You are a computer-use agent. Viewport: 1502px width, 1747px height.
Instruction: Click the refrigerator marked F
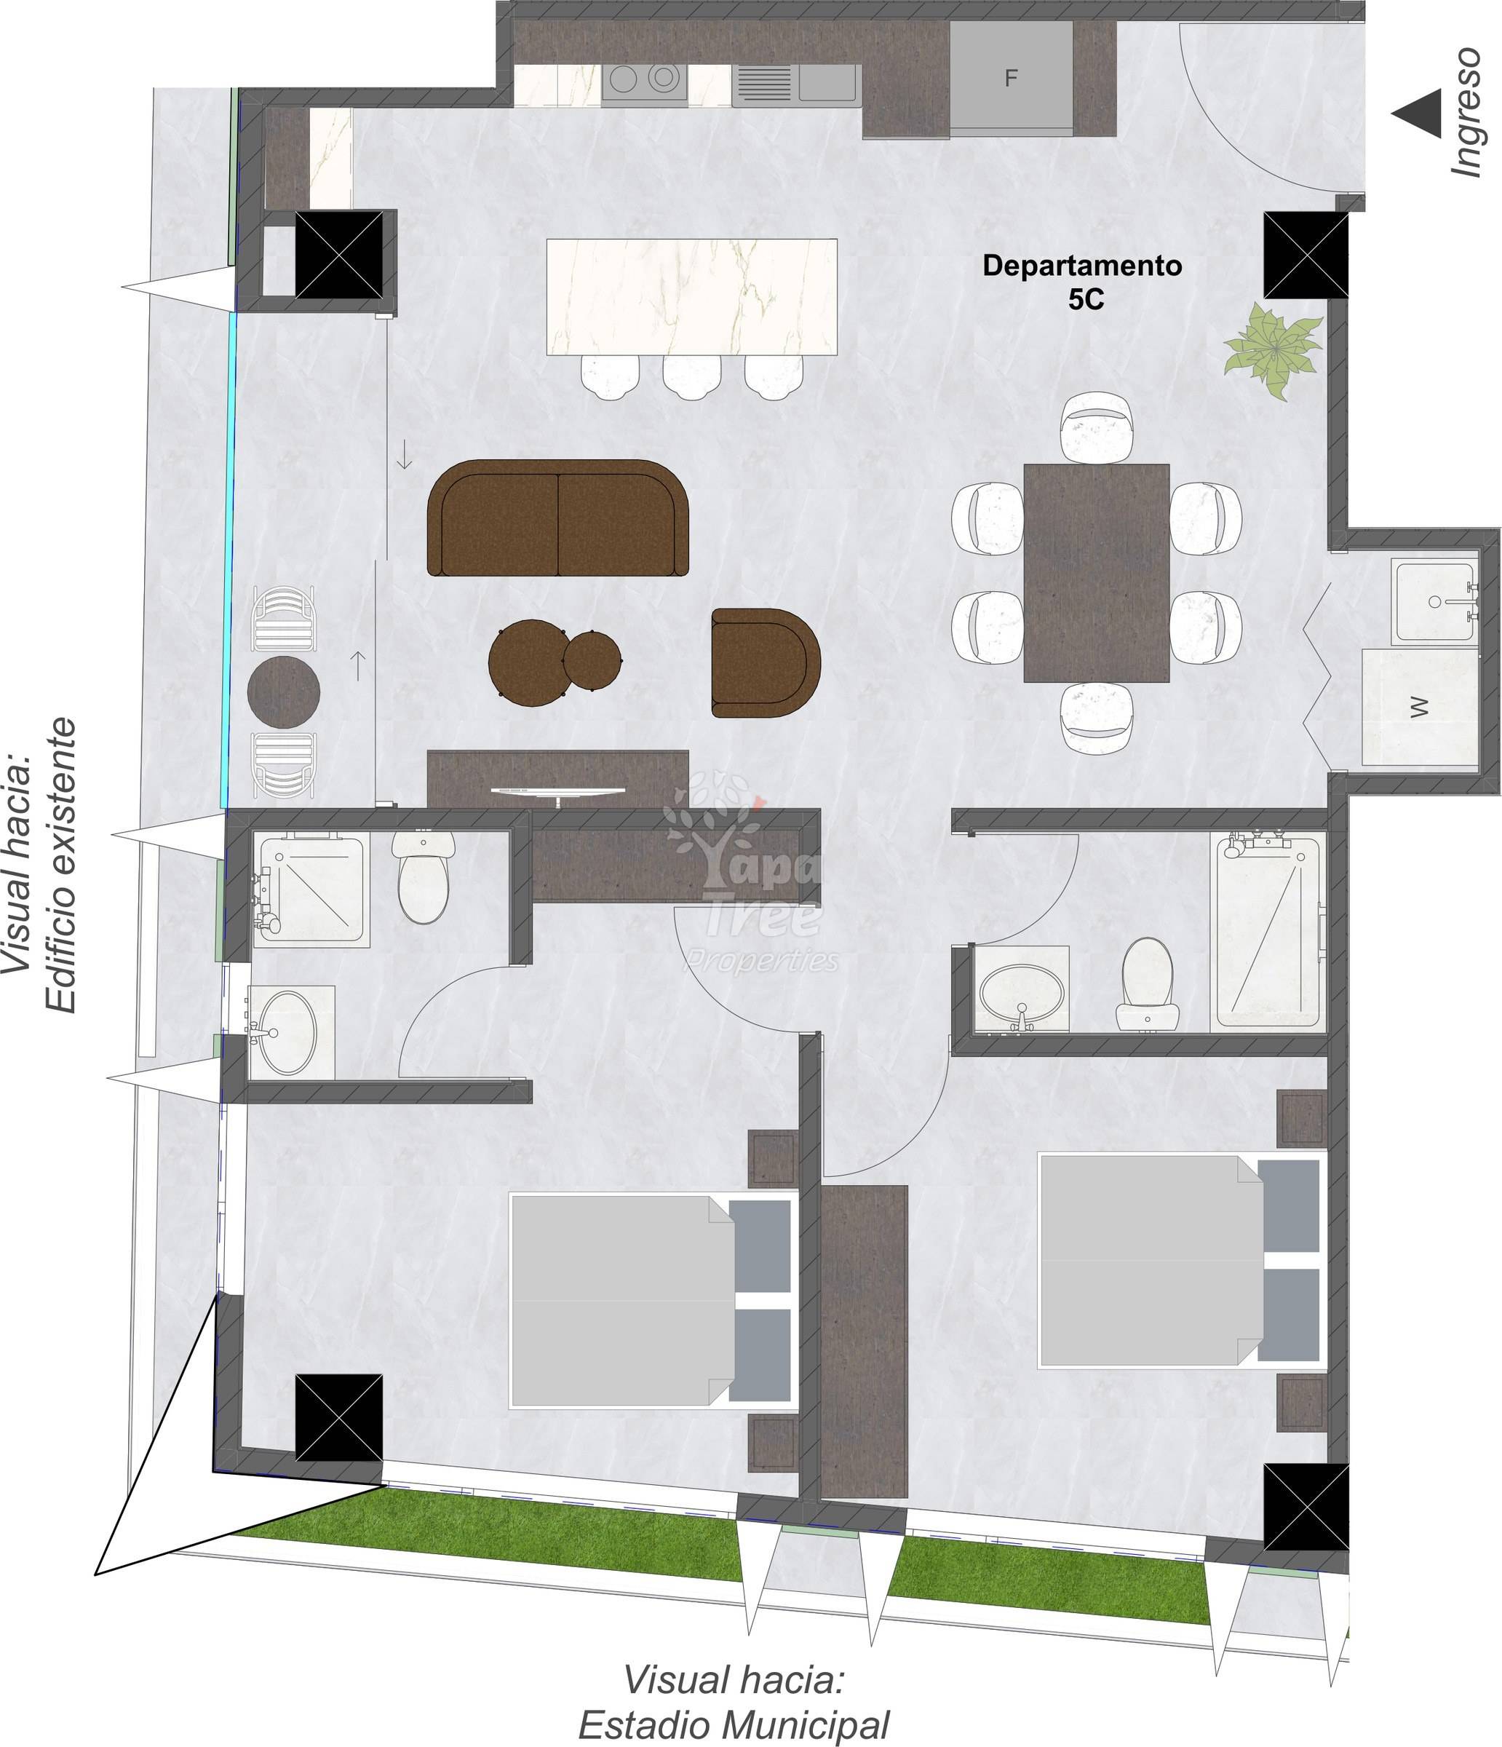tap(1012, 78)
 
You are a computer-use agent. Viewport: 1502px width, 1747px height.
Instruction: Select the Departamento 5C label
tap(1082, 282)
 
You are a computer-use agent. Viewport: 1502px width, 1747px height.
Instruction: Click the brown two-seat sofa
tap(558, 518)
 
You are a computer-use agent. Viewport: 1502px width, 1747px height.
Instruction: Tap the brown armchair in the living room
tap(766, 662)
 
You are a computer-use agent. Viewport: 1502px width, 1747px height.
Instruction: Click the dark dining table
tap(1097, 572)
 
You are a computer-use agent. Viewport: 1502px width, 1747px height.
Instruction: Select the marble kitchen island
tap(692, 297)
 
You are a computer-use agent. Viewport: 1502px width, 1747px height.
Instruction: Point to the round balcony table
tap(284, 692)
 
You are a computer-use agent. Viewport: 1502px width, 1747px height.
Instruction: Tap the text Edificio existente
tap(60, 866)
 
